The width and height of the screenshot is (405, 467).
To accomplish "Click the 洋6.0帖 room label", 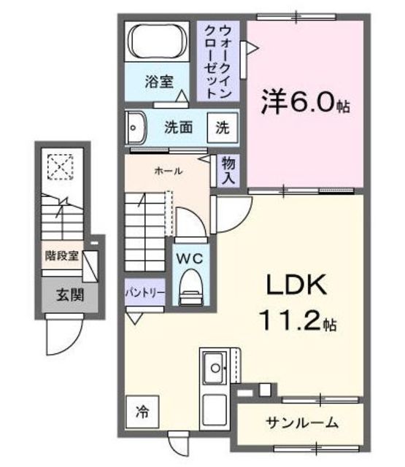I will (306, 102).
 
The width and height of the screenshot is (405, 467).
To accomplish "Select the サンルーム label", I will (301, 422).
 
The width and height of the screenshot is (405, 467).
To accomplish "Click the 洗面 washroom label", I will (178, 126).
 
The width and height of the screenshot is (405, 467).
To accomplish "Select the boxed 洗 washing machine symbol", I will (221, 126).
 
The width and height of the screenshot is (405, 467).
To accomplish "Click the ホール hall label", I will (167, 170).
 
